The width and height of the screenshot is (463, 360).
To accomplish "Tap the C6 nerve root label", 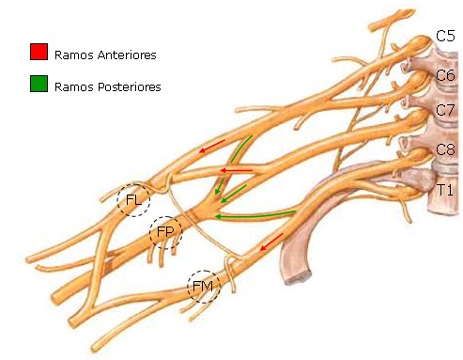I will point(445,75).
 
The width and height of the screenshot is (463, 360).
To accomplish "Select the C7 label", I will point(445,111).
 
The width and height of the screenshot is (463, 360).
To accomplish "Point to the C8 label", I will point(445,149).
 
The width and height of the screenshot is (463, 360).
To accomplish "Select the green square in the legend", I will point(39,85).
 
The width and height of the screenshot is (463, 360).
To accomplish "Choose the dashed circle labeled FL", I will point(133,200).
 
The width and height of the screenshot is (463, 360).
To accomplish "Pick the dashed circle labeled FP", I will point(166,232).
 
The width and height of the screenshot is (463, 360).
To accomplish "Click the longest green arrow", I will point(256,215).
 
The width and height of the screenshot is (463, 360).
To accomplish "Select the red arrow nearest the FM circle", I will point(271,243).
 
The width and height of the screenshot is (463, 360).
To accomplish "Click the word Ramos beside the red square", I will point(72,55).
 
